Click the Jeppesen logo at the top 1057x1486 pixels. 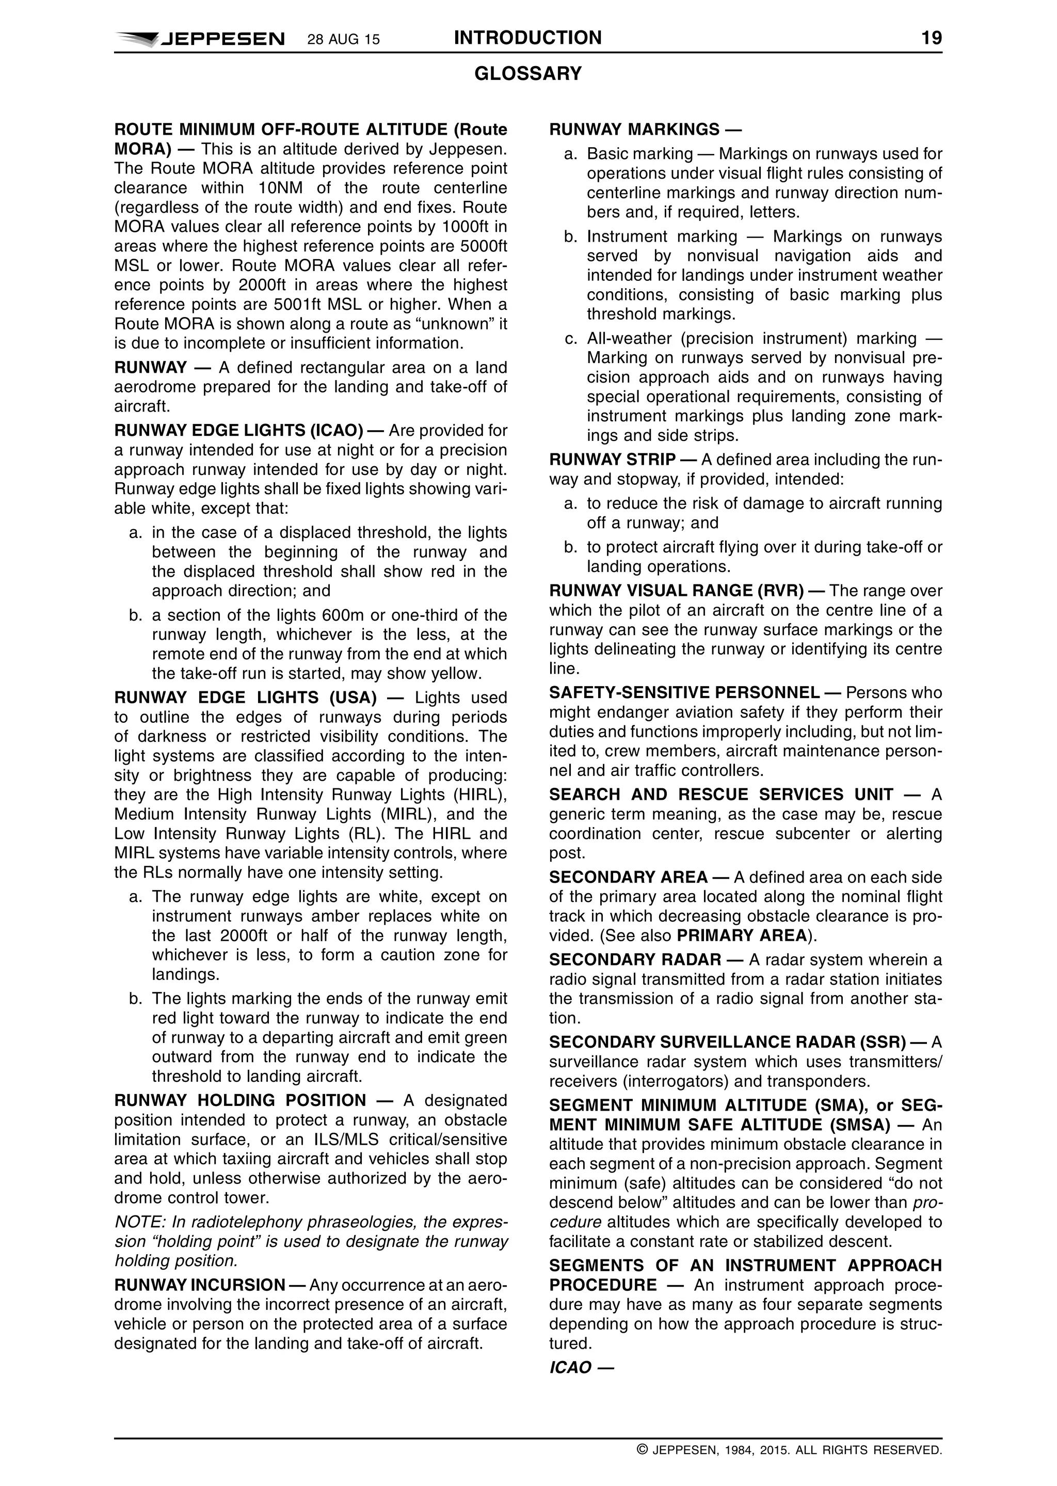tap(200, 39)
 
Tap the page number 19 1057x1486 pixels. tap(932, 38)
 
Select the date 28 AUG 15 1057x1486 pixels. tap(343, 40)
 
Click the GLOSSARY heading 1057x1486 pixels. tap(528, 74)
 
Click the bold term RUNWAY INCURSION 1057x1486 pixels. tap(200, 1285)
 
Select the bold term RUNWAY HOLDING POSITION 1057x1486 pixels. tap(240, 1100)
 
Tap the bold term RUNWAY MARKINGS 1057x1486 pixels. tap(635, 129)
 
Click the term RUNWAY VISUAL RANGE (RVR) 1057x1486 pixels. tap(677, 590)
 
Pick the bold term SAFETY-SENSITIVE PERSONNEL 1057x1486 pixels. tap(684, 692)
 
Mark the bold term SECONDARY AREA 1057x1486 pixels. tap(628, 877)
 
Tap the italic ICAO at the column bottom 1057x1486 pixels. tap(570, 1367)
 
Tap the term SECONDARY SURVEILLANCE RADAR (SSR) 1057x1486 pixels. tap(727, 1042)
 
